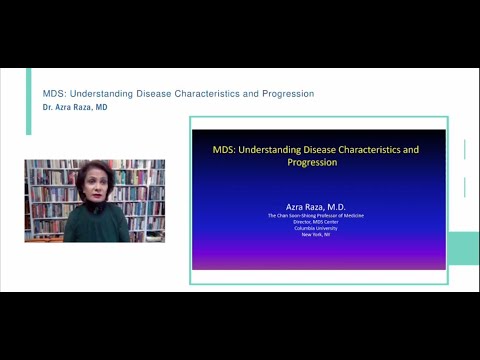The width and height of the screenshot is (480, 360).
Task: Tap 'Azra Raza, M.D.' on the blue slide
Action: coord(318,204)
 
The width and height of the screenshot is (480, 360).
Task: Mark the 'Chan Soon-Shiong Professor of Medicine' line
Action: coord(318,214)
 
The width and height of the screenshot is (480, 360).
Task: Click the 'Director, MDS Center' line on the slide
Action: coord(318,221)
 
